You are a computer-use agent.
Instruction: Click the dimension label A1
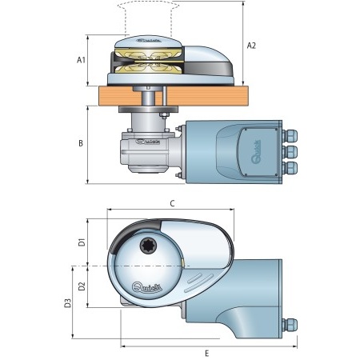tap(81, 60)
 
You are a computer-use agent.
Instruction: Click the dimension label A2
tap(251, 46)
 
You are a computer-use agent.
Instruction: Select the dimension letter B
tap(81, 144)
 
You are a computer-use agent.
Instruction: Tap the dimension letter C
tap(172, 204)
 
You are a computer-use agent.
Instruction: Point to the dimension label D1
tap(80, 242)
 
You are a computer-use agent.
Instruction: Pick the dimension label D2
tap(80, 286)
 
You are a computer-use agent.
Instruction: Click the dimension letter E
tap(206, 352)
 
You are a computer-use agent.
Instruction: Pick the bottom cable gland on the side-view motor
tap(290, 166)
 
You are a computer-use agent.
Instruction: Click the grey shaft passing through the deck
tap(149, 100)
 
